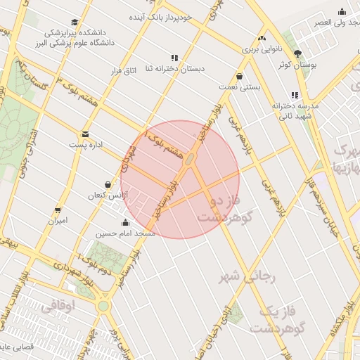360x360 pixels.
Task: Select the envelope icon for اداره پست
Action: pyautogui.click(x=85, y=134)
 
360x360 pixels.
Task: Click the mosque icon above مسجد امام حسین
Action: pyautogui.click(x=125, y=223)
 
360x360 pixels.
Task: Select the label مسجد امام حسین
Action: pyautogui.click(x=125, y=233)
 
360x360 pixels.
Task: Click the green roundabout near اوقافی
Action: pyautogui.click(x=104, y=307)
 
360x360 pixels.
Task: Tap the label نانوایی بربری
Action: pyautogui.click(x=262, y=49)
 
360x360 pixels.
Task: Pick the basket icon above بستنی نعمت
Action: pyautogui.click(x=240, y=76)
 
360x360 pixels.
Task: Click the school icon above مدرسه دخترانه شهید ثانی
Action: pyautogui.click(x=294, y=95)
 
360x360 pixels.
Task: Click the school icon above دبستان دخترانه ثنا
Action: pyautogui.click(x=174, y=58)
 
